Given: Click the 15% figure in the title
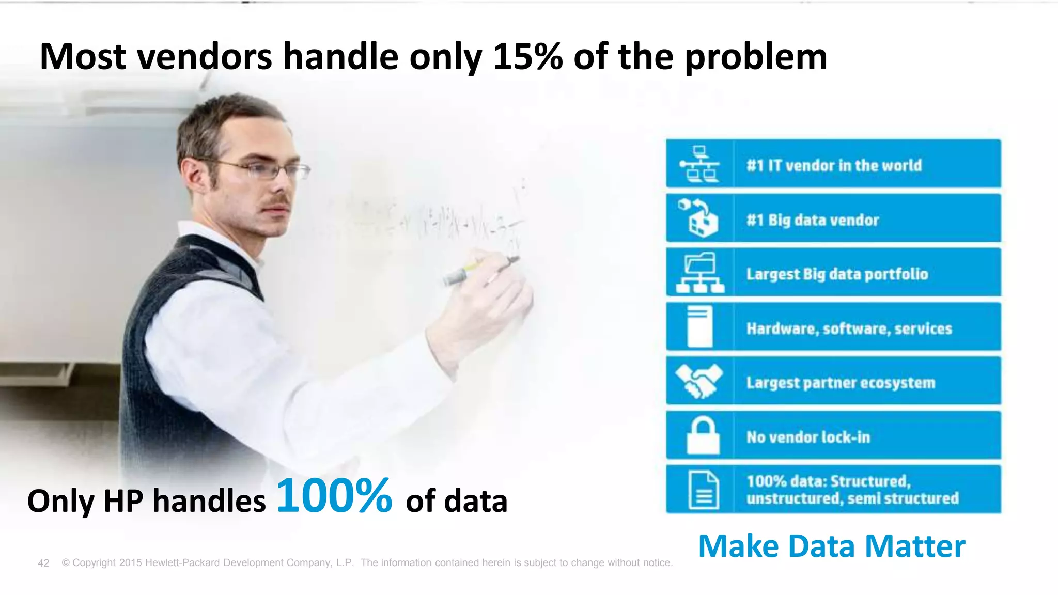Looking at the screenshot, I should (527, 57).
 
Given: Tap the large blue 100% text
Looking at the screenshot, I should (334, 496).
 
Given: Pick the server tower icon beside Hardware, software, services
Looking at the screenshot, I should (700, 326).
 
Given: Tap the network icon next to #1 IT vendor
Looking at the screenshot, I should (699, 164).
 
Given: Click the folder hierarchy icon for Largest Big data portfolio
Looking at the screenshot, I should (700, 273).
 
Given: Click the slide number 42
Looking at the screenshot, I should (43, 563).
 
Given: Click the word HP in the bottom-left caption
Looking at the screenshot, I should (123, 501).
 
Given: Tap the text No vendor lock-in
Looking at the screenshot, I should (808, 437).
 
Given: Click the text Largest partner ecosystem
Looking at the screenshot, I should (841, 383).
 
